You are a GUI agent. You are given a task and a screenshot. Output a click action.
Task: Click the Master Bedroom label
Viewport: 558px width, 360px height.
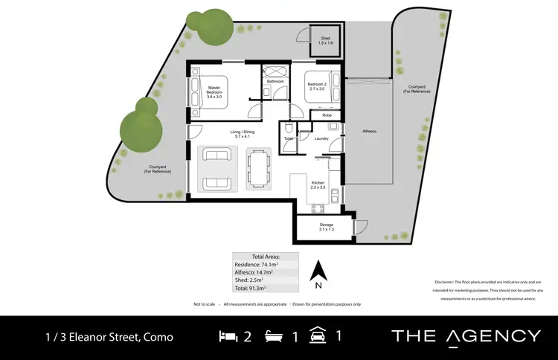tap(215, 92)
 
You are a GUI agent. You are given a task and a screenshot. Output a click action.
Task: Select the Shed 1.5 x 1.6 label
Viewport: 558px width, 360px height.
tap(325, 41)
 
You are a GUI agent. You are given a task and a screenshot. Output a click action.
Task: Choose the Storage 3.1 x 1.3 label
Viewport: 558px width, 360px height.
tap(325, 226)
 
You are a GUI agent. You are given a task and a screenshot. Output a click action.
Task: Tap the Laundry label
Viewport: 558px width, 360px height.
tap(321, 138)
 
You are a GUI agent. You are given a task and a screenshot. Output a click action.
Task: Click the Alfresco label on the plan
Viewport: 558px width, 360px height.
tap(369, 132)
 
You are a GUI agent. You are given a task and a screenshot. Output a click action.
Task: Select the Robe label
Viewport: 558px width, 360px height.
tap(327, 115)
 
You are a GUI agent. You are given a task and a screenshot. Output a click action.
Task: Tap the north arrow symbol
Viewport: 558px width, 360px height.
tap(318, 272)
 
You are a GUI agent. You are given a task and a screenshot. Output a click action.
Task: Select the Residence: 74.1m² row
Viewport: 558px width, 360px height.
tap(266, 264)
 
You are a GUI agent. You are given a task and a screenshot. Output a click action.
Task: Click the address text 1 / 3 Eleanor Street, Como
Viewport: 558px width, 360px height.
tap(108, 337)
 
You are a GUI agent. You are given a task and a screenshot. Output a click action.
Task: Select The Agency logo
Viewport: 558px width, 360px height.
tap(466, 336)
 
